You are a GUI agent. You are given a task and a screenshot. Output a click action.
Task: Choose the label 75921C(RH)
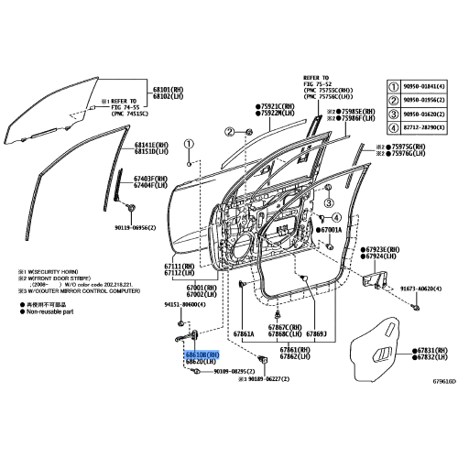point(274,107)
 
